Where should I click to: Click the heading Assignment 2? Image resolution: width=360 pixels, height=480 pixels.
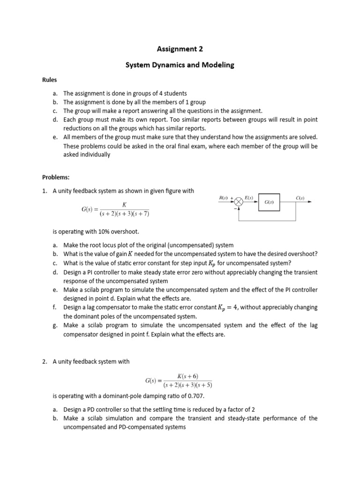tap(180, 48)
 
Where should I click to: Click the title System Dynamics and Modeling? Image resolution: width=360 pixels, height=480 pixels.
tap(180, 65)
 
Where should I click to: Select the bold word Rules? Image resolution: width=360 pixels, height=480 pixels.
tap(50, 80)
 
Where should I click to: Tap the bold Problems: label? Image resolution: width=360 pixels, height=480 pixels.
tap(56, 178)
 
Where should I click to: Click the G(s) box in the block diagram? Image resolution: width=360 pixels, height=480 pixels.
tap(269, 202)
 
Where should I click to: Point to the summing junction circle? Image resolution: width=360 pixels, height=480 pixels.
tap(239, 202)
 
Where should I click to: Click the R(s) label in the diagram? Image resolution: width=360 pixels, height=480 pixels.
tap(224, 198)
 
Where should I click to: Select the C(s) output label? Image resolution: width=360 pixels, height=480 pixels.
tap(300, 198)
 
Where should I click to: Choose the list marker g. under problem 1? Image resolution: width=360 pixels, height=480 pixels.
tap(55, 325)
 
